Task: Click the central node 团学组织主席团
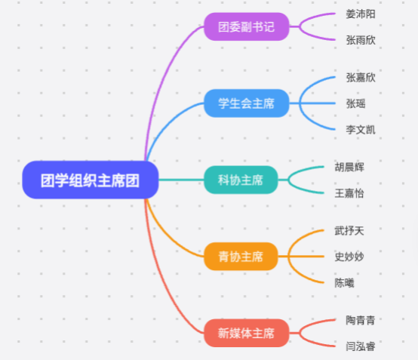click(91, 180)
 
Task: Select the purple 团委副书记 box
click(247, 26)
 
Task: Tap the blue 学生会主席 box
click(247, 103)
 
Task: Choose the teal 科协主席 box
click(241, 180)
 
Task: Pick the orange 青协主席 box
click(241, 257)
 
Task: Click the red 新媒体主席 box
click(247, 333)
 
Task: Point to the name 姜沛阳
click(361, 14)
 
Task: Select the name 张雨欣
click(361, 40)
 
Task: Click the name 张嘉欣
click(361, 77)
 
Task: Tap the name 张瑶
click(355, 103)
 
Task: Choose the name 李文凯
click(361, 130)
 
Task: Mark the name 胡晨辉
click(349, 167)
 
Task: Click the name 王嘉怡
click(349, 193)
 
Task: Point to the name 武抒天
click(349, 230)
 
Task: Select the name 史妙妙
click(349, 257)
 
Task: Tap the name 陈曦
click(344, 283)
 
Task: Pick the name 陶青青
click(361, 320)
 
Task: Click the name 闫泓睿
click(361, 346)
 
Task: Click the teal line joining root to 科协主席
click(181, 180)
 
